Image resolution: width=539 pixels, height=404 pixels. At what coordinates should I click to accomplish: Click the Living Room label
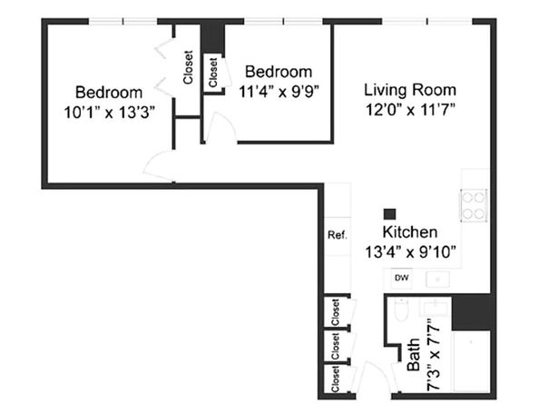409,90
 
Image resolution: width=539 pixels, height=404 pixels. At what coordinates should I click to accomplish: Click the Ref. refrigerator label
337,235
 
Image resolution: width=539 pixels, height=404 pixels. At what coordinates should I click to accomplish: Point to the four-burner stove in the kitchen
475,205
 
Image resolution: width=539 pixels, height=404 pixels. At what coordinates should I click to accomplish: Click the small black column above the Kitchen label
390,212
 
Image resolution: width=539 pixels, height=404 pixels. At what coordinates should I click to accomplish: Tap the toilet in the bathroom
401,314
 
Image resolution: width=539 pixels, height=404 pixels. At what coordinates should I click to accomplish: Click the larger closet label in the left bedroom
188,66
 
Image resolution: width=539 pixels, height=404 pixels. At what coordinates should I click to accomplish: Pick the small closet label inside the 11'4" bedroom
213,73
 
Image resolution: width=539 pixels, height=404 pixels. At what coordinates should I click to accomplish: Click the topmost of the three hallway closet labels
335,313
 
